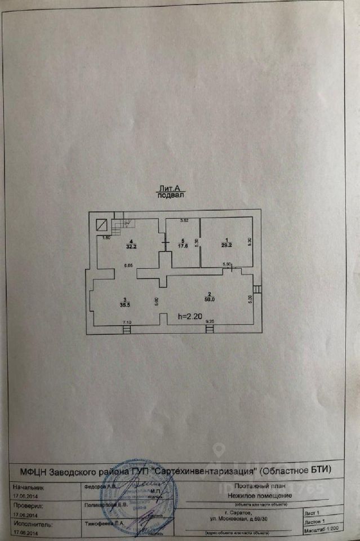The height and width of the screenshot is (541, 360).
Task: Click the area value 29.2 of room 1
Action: pyautogui.click(x=226, y=246)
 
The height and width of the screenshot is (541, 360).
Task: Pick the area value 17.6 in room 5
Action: pyautogui.click(x=183, y=245)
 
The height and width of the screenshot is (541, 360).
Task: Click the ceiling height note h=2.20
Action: pyautogui.click(x=189, y=317)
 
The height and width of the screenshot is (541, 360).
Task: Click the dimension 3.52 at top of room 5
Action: pyautogui.click(x=183, y=220)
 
